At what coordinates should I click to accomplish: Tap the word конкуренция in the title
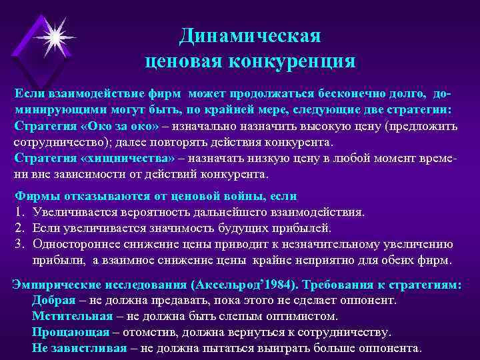pos(293,62)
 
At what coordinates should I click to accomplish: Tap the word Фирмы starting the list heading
pos(34,197)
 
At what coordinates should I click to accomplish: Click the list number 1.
pos(19,213)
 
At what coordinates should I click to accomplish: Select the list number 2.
pos(19,228)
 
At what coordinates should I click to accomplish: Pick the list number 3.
pos(19,243)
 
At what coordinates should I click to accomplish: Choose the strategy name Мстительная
pos(65,316)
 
